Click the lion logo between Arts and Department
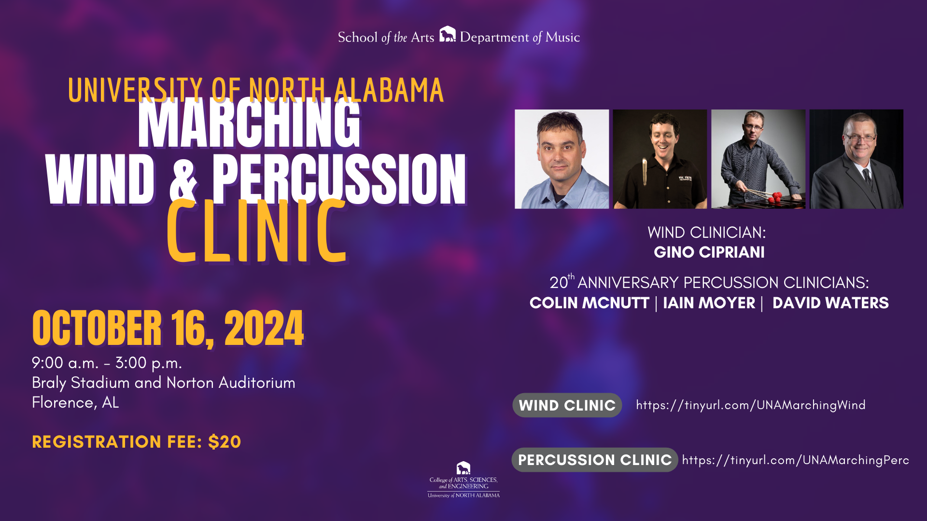click(448, 34)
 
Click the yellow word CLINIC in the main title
click(257, 232)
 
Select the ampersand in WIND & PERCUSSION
click(183, 179)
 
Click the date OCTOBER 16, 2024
click(168, 328)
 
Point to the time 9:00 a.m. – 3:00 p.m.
click(107, 363)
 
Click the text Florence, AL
click(75, 402)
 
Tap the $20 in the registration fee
click(225, 442)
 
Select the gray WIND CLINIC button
click(567, 405)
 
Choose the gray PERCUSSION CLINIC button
click(595, 460)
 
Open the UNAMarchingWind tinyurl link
click(751, 405)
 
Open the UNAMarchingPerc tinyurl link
click(796, 460)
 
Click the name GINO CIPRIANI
click(709, 252)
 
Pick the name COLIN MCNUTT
click(589, 303)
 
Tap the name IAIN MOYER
click(709, 303)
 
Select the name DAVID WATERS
click(830, 303)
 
